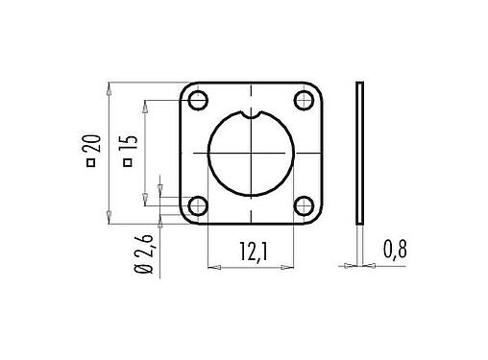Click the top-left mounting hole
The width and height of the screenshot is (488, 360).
[199, 101]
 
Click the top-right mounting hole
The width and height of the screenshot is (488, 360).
[305, 101]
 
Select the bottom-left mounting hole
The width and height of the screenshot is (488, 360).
[199, 205]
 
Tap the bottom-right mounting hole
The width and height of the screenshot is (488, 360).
[305, 205]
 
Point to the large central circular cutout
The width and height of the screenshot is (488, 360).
[252, 154]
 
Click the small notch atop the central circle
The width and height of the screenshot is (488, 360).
[252, 116]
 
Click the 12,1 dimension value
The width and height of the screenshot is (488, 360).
[252, 252]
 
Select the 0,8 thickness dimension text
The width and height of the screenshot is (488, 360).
[396, 251]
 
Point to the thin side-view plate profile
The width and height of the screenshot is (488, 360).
[360, 154]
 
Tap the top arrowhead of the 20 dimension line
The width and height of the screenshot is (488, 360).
[111, 88]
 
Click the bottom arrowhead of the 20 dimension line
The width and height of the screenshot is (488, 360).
[111, 220]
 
